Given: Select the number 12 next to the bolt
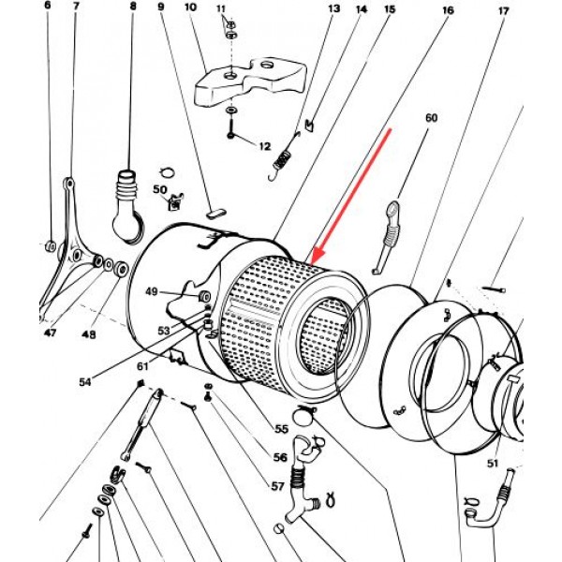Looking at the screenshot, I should (x=264, y=146).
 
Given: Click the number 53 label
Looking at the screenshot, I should (x=165, y=331).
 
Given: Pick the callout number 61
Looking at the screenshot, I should (x=142, y=365).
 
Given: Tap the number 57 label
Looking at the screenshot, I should (x=278, y=487).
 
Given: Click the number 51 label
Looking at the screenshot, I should (x=492, y=462).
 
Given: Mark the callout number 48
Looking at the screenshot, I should (x=89, y=334).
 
